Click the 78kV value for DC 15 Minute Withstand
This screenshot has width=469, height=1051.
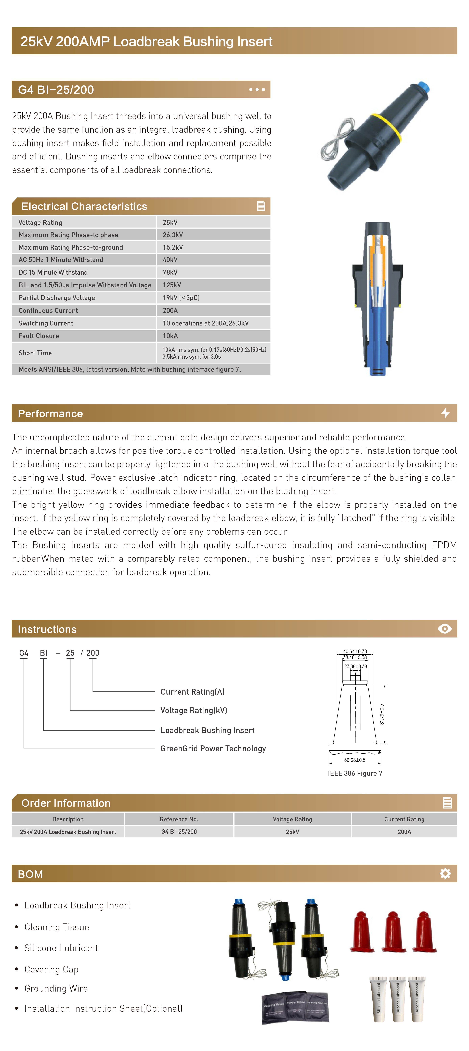(170, 272)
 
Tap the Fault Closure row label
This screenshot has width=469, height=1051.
(39, 336)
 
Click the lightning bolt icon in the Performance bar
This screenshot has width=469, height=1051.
(445, 413)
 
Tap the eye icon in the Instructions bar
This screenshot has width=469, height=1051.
(445, 629)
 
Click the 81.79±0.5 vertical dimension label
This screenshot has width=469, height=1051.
(382, 714)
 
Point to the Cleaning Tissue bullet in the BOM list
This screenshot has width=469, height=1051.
(57, 927)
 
